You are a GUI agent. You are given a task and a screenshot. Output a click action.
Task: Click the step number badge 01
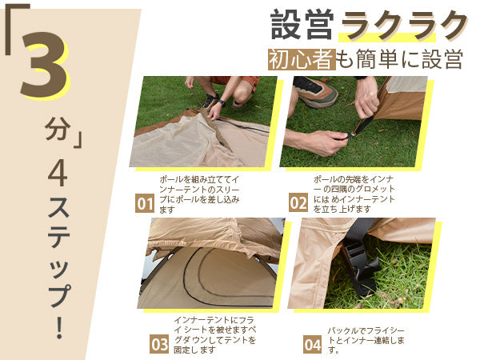coord(145,203)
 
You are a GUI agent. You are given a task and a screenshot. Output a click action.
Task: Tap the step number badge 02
coord(298,202)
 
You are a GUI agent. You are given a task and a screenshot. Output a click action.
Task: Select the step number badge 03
coord(159,344)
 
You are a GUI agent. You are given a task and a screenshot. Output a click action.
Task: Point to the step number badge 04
coord(313,344)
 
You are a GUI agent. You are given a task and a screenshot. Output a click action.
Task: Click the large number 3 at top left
coord(44,65)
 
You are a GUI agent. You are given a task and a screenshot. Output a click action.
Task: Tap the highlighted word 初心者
coord(302,59)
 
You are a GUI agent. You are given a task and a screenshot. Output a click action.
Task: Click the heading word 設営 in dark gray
coord(302,25)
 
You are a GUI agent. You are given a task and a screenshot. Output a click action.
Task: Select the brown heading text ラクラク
coord(403,26)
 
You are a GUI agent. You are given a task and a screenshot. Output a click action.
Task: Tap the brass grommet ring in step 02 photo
coord(354,134)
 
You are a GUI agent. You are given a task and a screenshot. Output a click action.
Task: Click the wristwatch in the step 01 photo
coord(221,103)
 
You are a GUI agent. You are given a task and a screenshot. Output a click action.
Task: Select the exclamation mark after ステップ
coord(60,326)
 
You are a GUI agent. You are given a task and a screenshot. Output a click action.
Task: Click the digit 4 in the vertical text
coord(58,172)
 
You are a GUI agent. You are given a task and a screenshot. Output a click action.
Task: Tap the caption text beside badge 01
coord(199,194)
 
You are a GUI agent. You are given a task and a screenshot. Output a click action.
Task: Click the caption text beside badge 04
coord(366,341)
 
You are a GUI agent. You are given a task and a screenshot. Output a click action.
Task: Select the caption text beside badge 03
coord(214,335)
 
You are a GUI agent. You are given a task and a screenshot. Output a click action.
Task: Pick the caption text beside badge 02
coord(354,194)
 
